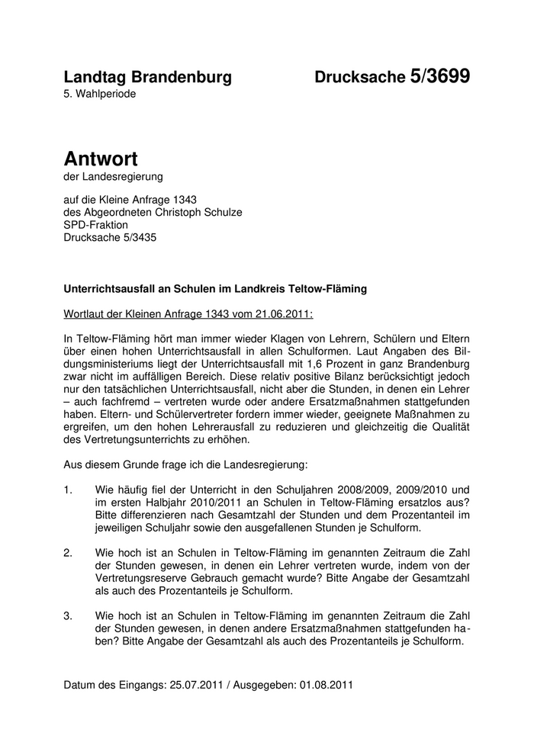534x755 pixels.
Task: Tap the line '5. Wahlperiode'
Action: click(101, 94)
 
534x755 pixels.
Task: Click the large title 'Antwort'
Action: click(101, 159)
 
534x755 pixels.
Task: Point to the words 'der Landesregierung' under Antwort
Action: click(114, 178)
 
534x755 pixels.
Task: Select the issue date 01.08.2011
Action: click(326, 684)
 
